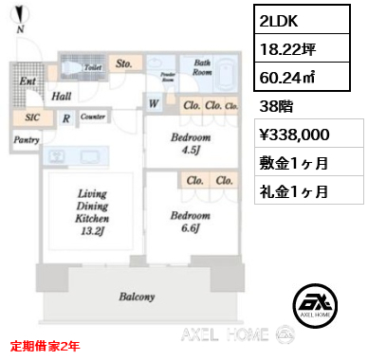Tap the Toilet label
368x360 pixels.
tap(93, 68)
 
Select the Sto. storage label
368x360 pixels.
tap(125, 64)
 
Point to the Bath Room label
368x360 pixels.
tap(202, 66)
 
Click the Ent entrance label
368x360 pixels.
tap(28, 82)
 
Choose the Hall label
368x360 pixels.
tap(63, 96)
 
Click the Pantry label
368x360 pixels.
tap(26, 139)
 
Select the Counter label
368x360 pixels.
tap(92, 117)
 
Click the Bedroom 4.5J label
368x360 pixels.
tap(192, 142)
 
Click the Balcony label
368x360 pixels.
tap(137, 297)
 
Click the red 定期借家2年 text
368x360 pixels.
tap(46, 346)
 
